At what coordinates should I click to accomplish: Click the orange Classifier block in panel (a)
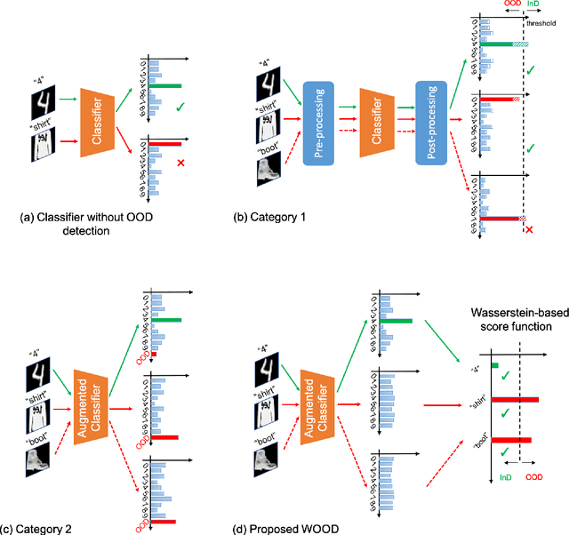point(100,124)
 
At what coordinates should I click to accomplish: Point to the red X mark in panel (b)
point(531,230)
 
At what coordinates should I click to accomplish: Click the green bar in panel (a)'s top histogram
point(165,86)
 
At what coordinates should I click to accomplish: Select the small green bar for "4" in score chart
point(495,364)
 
